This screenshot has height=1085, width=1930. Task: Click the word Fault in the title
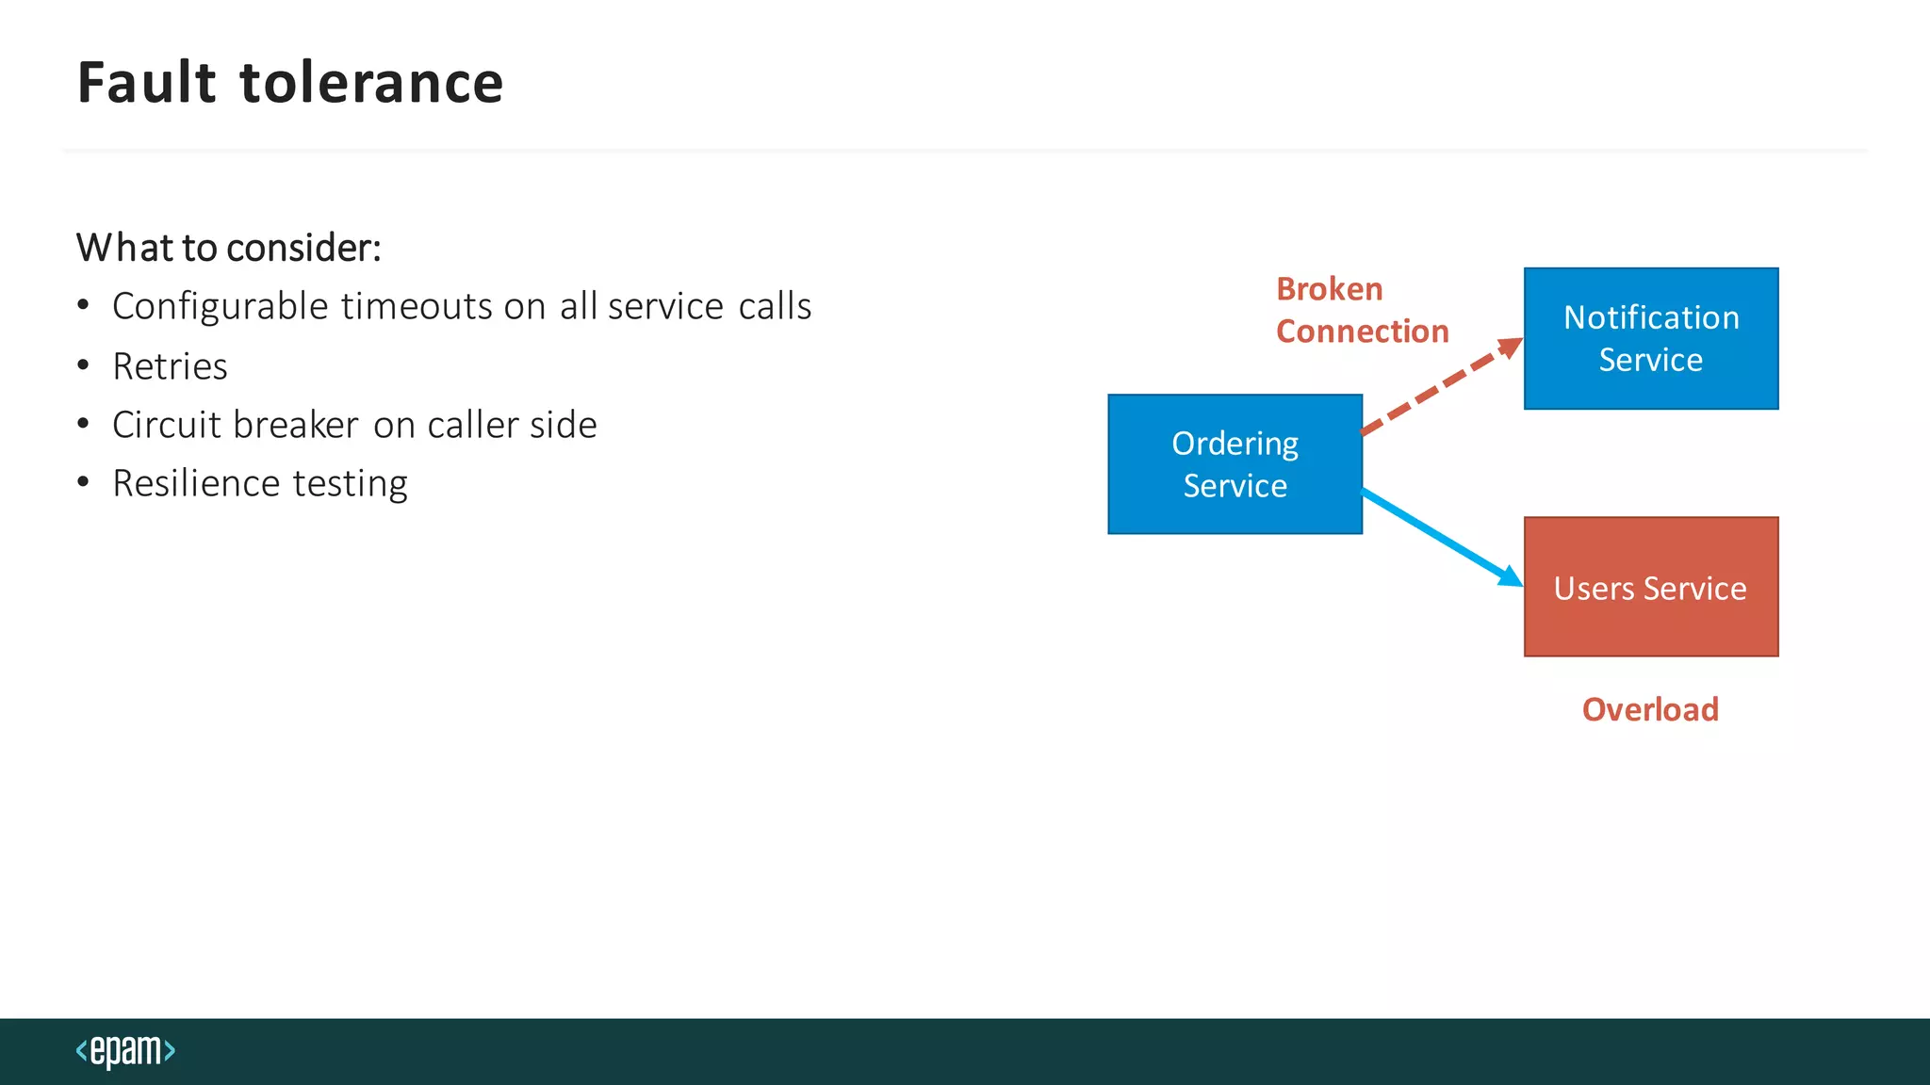tap(147, 83)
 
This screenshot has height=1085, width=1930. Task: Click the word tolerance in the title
tap(372, 83)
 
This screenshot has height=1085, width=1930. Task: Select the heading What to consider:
tap(229, 248)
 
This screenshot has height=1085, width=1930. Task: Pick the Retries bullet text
tap(170, 366)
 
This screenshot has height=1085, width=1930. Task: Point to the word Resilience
tap(196, 484)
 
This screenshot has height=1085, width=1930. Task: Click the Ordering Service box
tap(1235, 464)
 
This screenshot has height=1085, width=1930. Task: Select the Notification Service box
tap(1651, 339)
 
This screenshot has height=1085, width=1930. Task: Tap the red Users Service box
tap(1651, 587)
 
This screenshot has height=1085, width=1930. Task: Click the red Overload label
tap(1650, 709)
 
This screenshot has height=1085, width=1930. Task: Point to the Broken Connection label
tap(1361, 310)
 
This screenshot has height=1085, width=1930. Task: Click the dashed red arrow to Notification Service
tap(1442, 387)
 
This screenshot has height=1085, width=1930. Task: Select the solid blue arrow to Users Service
tap(1442, 538)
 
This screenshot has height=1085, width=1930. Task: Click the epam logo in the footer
tap(125, 1050)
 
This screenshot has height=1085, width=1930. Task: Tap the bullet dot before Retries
tap(84, 365)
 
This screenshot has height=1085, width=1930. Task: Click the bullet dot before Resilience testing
tap(84, 483)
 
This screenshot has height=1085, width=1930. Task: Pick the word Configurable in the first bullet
tap(221, 307)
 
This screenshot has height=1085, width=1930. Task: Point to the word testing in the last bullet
tap(350, 484)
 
